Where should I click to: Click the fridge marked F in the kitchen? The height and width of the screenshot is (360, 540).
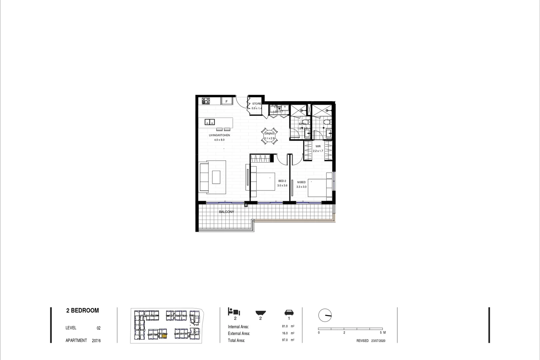227,101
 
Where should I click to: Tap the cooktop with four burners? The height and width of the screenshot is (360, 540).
206,100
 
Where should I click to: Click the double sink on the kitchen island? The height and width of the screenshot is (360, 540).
210,122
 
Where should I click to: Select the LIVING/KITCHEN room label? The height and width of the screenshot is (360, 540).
219,135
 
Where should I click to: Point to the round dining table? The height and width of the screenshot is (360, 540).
269,136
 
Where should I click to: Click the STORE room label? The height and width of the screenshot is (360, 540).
257,104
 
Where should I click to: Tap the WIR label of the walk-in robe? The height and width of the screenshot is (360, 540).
318,146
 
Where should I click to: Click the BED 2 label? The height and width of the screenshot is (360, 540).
282,181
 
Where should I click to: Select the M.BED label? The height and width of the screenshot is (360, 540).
301,182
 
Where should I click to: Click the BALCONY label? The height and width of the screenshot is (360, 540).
226,212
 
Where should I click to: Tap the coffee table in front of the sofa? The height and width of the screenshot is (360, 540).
216,177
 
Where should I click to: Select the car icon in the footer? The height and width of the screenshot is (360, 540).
289,312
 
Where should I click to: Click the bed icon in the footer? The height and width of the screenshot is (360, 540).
234,312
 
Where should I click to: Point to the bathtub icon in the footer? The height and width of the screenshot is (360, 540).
260,313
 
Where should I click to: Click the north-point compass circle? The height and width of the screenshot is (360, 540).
325,315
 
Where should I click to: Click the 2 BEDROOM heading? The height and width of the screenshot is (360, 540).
83,311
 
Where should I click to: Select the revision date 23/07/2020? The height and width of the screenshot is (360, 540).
378,341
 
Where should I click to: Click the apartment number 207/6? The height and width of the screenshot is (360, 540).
96,341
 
